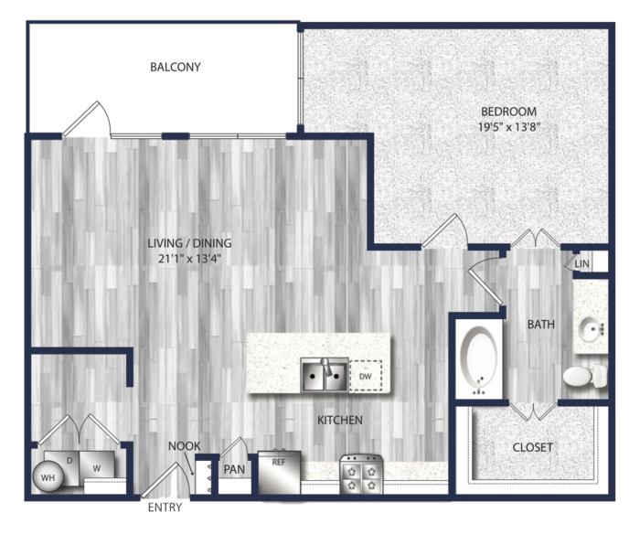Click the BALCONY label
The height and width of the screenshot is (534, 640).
(x=176, y=67)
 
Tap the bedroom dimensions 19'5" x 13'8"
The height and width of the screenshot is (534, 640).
(x=509, y=127)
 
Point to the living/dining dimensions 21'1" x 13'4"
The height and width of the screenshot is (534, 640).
(x=189, y=259)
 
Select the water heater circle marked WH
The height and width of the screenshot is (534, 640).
(x=48, y=476)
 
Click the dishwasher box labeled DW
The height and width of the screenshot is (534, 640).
(x=366, y=376)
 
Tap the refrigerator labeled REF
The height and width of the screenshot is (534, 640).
(x=280, y=472)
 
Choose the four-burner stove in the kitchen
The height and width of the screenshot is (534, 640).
(x=361, y=474)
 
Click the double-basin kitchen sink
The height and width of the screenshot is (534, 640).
(x=325, y=375)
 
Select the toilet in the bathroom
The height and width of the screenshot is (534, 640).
(x=585, y=376)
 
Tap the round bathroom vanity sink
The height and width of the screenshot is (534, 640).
(x=591, y=327)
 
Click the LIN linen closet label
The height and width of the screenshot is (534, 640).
(x=582, y=264)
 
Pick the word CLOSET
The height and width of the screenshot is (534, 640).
(x=533, y=447)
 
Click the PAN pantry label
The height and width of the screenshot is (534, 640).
(x=234, y=469)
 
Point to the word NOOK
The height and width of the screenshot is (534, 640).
(x=185, y=446)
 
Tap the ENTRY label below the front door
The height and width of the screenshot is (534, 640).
(x=165, y=507)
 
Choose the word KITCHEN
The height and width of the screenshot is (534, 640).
(x=340, y=420)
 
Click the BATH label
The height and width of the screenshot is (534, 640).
(x=541, y=325)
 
